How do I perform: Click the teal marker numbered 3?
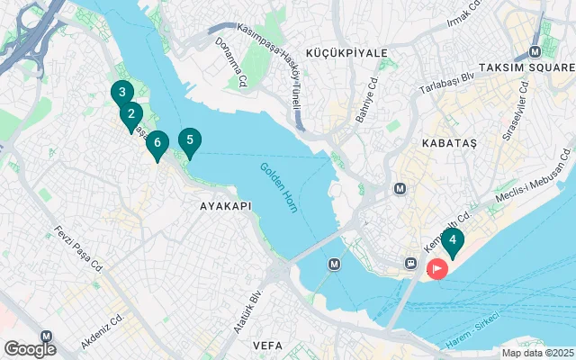pyautogui.click(x=121, y=92)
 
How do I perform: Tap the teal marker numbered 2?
pyautogui.click(x=131, y=114)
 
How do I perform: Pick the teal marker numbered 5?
pyautogui.click(x=189, y=140)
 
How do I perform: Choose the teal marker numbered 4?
pyautogui.click(x=453, y=240)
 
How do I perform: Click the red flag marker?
pyautogui.click(x=437, y=268)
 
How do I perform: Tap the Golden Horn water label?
pyautogui.click(x=280, y=186)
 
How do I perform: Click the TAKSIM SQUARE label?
pyautogui.click(x=527, y=68)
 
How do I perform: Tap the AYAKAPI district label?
pyautogui.click(x=224, y=206)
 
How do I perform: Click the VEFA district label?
pyautogui.click(x=267, y=345)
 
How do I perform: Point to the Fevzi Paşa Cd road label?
pyautogui.click(x=79, y=245)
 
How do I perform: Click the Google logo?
pyautogui.click(x=30, y=348)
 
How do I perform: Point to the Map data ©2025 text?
pyautogui.click(x=537, y=354)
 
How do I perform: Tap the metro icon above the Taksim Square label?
pyautogui.click(x=537, y=51)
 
